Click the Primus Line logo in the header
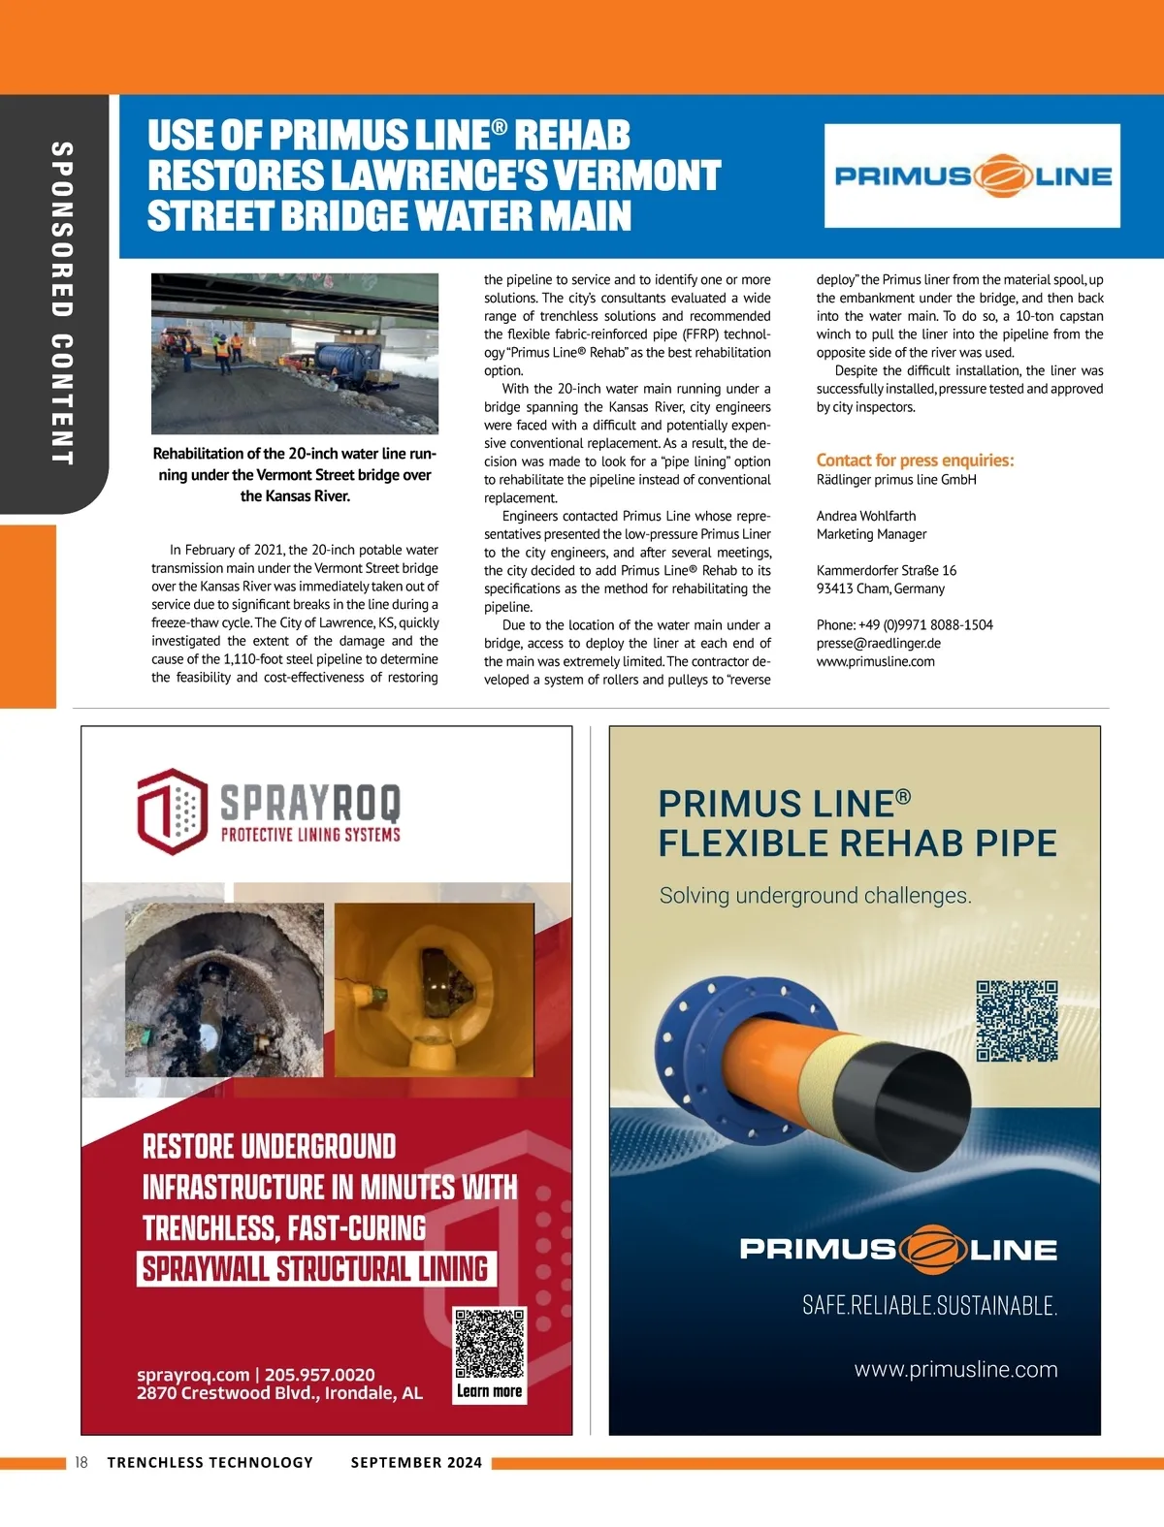click(x=972, y=175)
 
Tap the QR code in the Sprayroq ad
click(x=490, y=1344)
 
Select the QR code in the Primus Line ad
click(x=1017, y=1021)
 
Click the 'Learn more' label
click(x=490, y=1391)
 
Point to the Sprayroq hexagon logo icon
click(x=172, y=811)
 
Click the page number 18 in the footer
click(x=81, y=1462)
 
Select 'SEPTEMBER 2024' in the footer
click(x=416, y=1462)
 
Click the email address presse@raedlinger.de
click(x=878, y=643)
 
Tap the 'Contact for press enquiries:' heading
click(x=915, y=461)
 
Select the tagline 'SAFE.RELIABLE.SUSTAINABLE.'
click(x=929, y=1305)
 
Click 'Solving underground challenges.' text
click(x=815, y=895)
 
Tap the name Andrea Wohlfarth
click(x=865, y=516)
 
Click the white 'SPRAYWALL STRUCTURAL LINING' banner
click(x=315, y=1269)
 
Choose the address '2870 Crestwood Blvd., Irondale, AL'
click(x=279, y=1393)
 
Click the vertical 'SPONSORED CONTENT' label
click(x=61, y=302)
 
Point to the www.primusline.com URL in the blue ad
click(x=955, y=1369)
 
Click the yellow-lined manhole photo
click(x=434, y=989)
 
